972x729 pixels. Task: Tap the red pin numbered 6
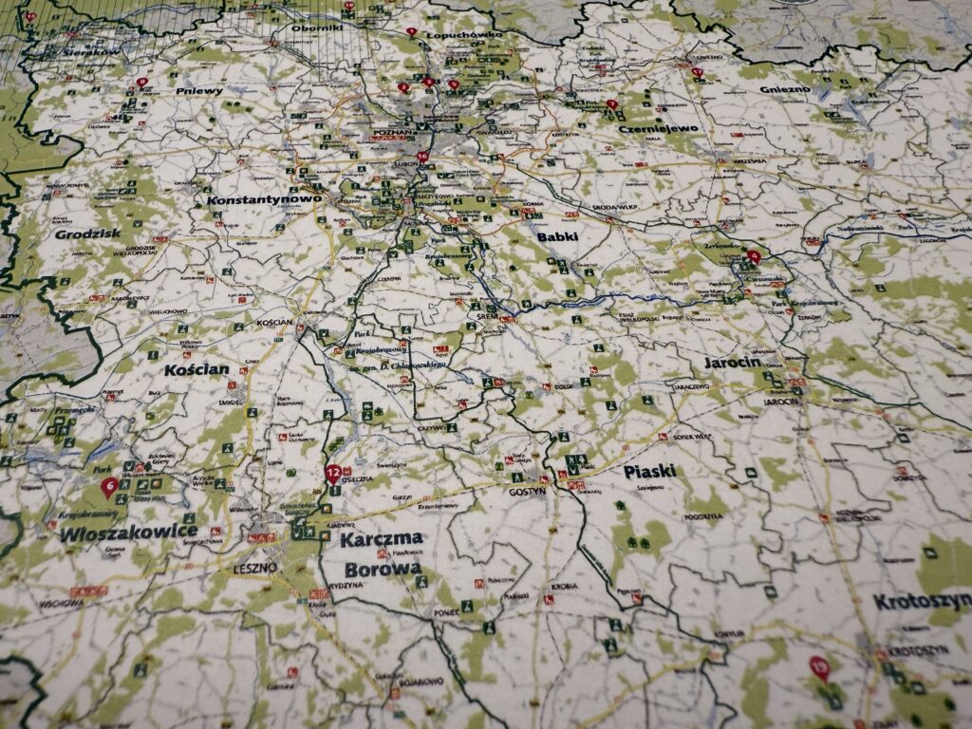[x=109, y=487]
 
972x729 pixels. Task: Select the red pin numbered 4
[x=754, y=255]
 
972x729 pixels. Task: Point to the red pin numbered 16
[x=422, y=158]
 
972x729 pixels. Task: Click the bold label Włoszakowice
[x=129, y=533]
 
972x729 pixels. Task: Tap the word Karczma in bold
[x=382, y=539]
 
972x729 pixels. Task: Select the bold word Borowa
[x=382, y=570]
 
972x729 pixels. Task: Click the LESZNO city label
[x=254, y=568]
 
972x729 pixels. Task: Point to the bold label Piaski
[x=649, y=471]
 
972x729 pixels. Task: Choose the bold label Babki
[x=557, y=237]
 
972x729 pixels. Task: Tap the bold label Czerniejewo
[x=658, y=128]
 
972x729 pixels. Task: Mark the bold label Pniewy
[x=199, y=91]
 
